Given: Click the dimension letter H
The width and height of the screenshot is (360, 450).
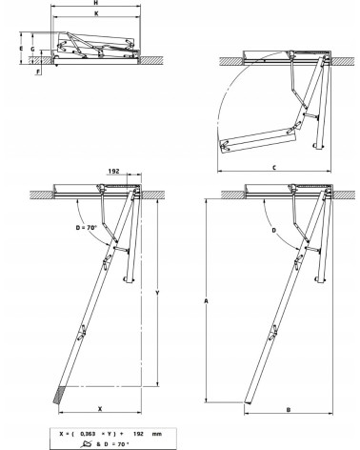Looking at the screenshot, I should [92, 5].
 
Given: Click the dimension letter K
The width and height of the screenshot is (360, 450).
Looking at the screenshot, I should [93, 16].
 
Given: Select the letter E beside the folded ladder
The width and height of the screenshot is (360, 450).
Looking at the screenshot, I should [20, 45].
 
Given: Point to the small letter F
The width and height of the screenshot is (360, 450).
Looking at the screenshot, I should [37, 71].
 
